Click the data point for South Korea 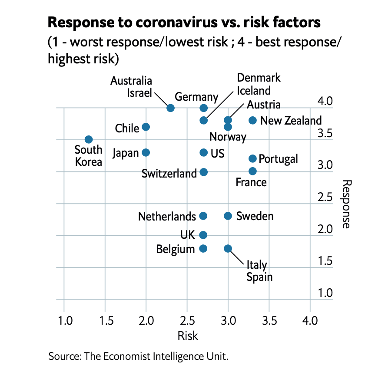89,139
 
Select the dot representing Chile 146,127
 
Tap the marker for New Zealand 252,120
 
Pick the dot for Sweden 228,216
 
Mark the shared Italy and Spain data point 228,248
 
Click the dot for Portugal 252,158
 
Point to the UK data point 203,235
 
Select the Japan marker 146,152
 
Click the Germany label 196,96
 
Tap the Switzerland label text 169,174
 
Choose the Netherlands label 167,216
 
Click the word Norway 228,137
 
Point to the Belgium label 176,249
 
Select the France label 251,182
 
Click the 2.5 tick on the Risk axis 187,322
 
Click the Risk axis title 187,336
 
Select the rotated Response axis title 346,204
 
